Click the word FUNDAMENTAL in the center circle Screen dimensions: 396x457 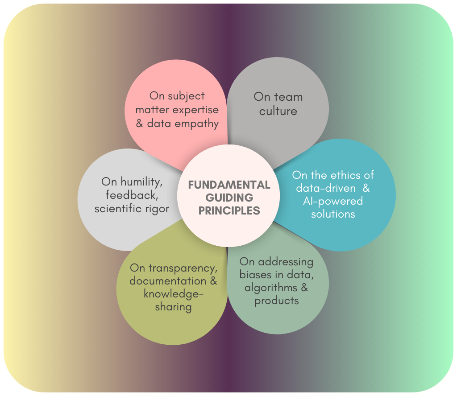point(229,185)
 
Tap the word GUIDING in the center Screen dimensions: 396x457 point(229,198)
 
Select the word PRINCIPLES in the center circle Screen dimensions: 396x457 point(229,210)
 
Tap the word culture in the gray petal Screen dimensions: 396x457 point(278,111)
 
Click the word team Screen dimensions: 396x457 point(288,97)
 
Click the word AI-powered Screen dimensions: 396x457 point(333,201)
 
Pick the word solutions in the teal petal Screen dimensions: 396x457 point(333,214)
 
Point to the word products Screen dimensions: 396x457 point(277,300)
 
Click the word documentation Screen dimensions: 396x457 point(168,281)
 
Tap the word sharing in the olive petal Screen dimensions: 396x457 point(173,307)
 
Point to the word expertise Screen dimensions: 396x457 point(197,110)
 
